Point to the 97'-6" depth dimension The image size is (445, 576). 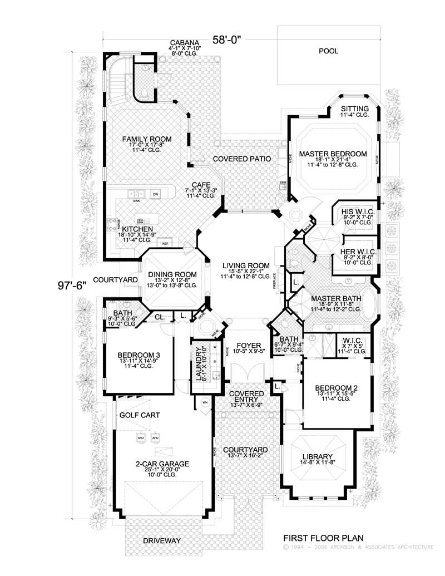[73, 285]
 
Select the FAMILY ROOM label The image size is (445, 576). [147, 139]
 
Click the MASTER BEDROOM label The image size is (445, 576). [333, 154]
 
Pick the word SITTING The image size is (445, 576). [354, 109]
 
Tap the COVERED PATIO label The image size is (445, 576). [242, 159]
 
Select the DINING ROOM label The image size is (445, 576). [172, 274]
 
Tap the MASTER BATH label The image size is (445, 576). [336, 298]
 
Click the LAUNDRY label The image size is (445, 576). [197, 361]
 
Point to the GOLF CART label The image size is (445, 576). [140, 415]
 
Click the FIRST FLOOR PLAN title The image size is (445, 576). [323, 538]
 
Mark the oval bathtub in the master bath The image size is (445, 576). [369, 305]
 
